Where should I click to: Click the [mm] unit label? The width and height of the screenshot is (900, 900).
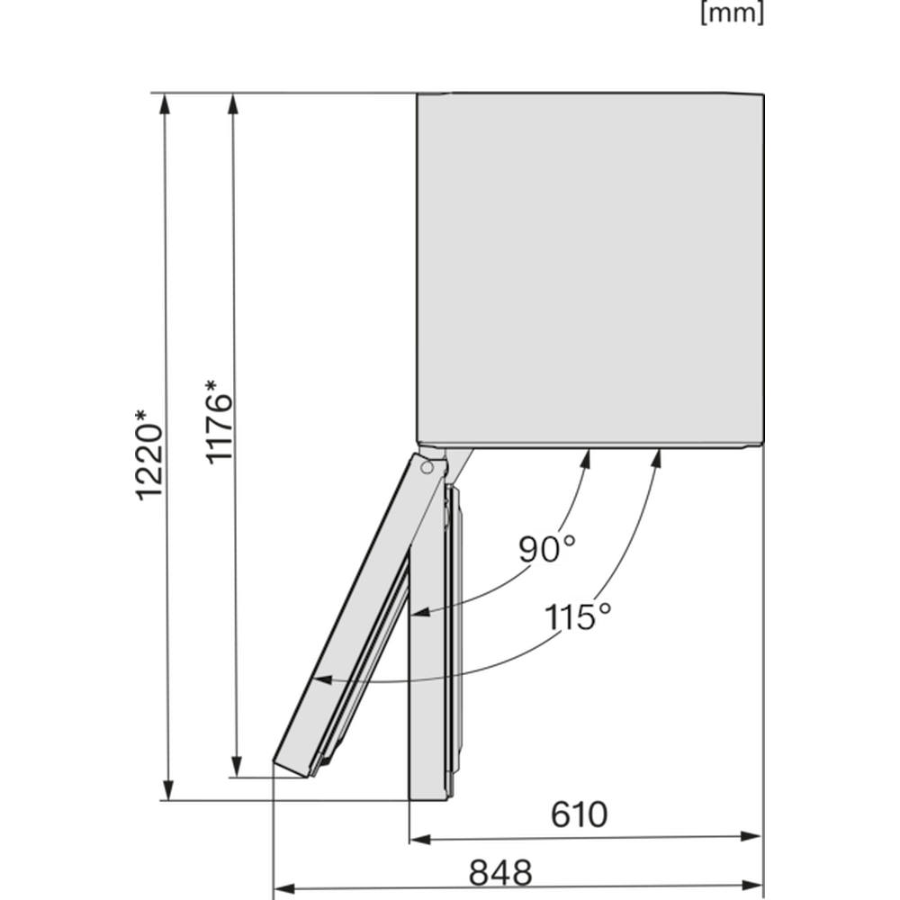[732, 13]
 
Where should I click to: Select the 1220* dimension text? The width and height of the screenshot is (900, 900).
[149, 454]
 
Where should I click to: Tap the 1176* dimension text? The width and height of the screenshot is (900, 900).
[218, 421]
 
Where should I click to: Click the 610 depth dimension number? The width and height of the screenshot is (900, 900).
[579, 814]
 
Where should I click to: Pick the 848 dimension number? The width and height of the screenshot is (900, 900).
[500, 872]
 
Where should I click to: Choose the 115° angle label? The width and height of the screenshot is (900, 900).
[578, 617]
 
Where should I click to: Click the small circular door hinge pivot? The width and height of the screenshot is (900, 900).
[427, 467]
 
